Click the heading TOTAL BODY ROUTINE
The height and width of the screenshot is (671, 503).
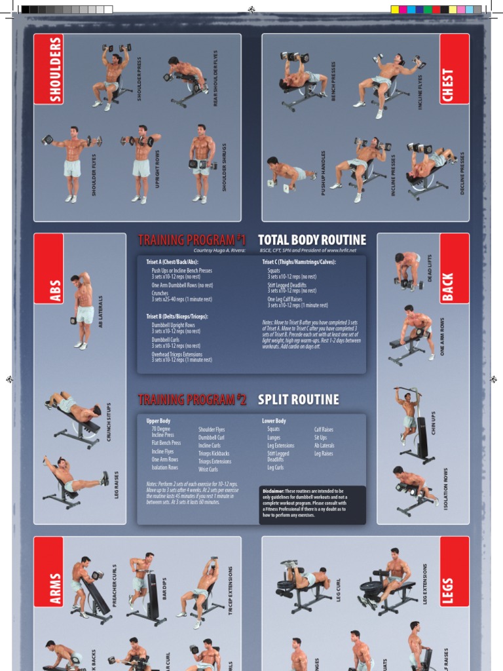[312, 240]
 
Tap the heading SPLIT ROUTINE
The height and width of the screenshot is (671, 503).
[298, 400]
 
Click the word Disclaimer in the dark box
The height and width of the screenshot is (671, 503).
[274, 491]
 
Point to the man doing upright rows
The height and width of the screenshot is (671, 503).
[141, 163]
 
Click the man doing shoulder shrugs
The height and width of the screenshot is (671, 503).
[201, 163]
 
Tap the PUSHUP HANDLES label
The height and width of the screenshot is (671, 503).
[322, 173]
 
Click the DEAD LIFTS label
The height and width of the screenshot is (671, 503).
[430, 268]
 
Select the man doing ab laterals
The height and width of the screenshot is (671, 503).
[83, 309]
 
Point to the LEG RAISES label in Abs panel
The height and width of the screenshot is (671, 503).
[117, 484]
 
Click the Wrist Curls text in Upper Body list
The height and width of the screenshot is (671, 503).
[208, 469]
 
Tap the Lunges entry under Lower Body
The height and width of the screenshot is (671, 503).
[274, 438]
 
